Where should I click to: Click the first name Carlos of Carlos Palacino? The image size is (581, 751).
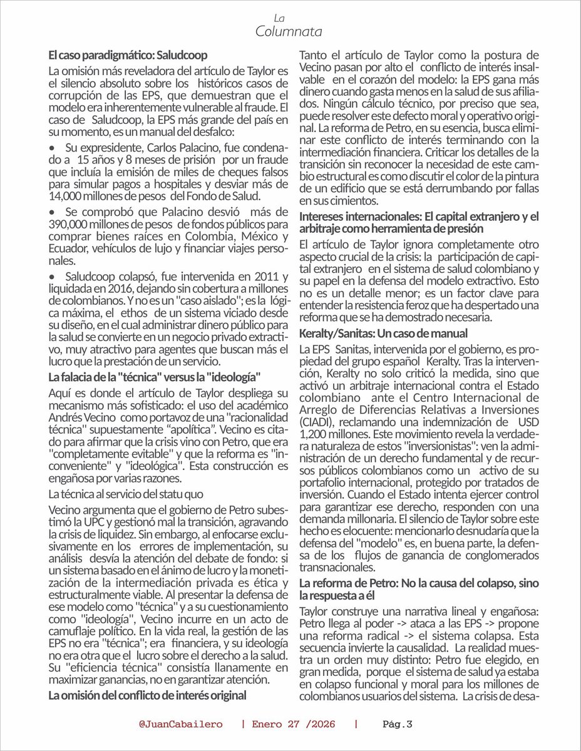149,152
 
